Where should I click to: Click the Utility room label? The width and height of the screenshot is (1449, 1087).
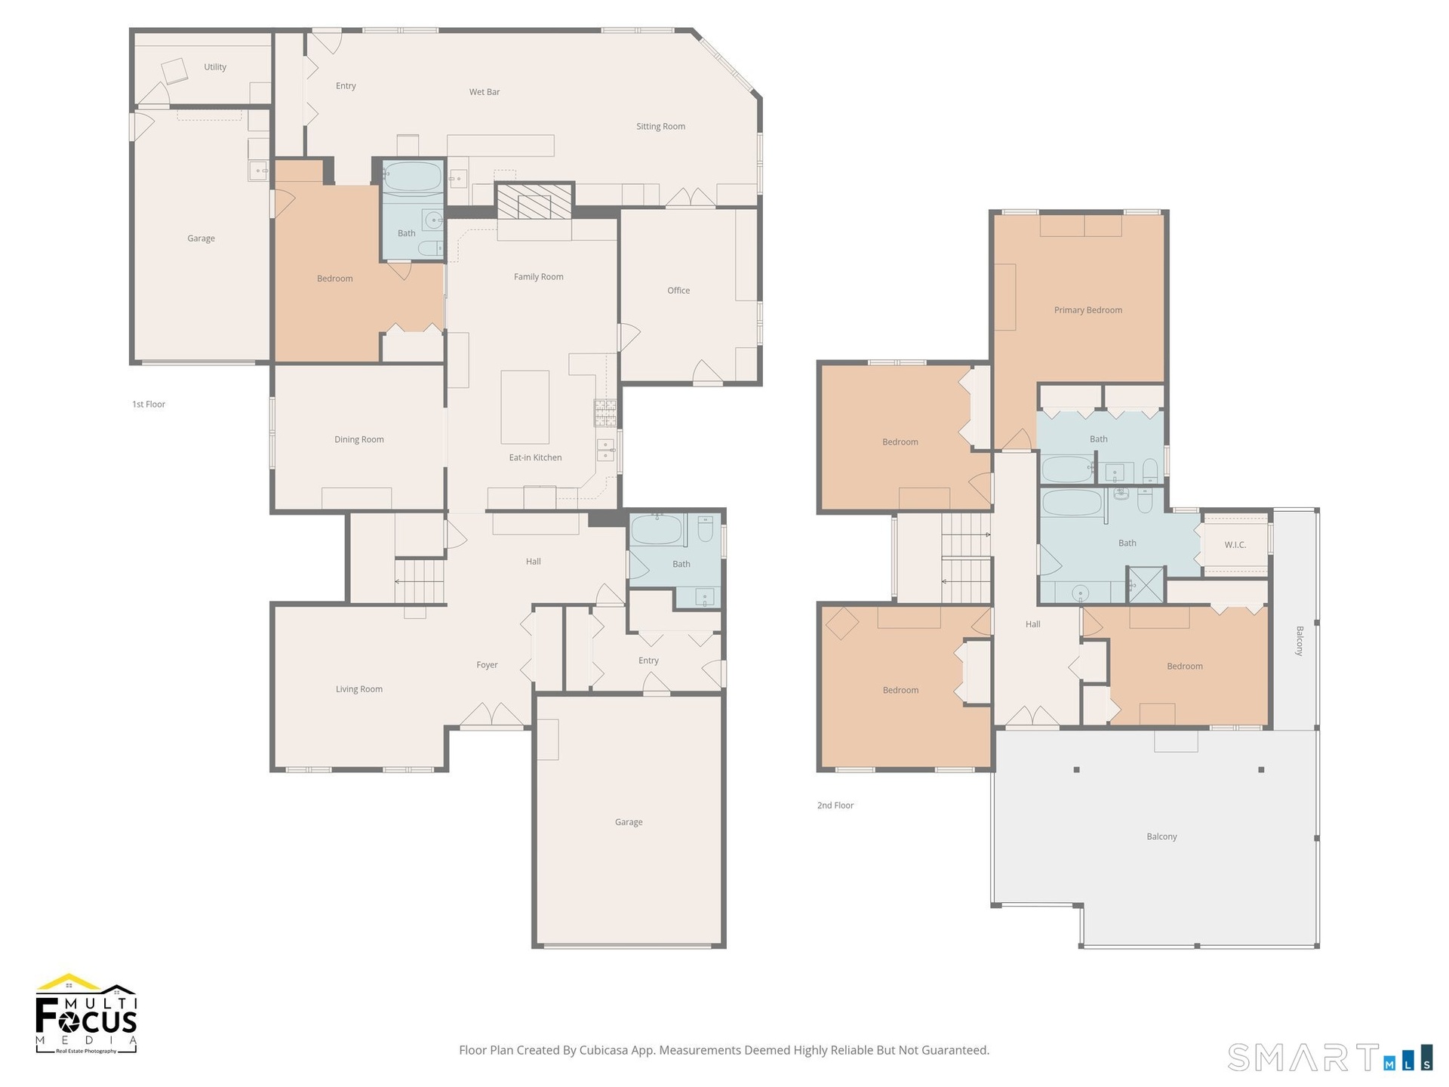tap(215, 67)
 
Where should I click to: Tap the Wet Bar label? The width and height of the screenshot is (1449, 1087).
tap(485, 92)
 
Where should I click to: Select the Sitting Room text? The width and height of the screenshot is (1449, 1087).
tap(660, 127)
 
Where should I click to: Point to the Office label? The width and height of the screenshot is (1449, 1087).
tap(678, 291)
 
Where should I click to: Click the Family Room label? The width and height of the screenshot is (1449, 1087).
tap(539, 277)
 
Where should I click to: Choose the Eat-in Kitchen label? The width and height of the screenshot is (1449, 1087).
tap(535, 457)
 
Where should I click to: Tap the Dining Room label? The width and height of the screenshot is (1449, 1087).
tap(359, 439)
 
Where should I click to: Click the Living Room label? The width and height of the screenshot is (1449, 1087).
tap(359, 689)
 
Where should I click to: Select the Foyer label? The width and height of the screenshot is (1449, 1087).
tap(488, 665)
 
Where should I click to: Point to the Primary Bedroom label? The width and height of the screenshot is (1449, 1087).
tap(1088, 310)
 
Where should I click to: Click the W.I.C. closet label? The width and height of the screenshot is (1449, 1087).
tap(1235, 545)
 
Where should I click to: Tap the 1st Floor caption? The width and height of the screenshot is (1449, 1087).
tap(149, 405)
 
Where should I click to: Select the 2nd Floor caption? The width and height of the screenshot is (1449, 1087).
tap(835, 805)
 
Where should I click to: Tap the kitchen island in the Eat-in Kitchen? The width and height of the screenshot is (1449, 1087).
tap(525, 407)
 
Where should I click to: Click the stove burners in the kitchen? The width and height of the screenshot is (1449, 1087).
tap(605, 413)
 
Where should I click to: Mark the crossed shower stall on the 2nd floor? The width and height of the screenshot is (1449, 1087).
tap(1146, 585)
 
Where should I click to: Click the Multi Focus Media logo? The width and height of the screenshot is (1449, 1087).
tap(87, 1014)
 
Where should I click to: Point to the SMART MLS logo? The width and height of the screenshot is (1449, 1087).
tap(1330, 1057)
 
